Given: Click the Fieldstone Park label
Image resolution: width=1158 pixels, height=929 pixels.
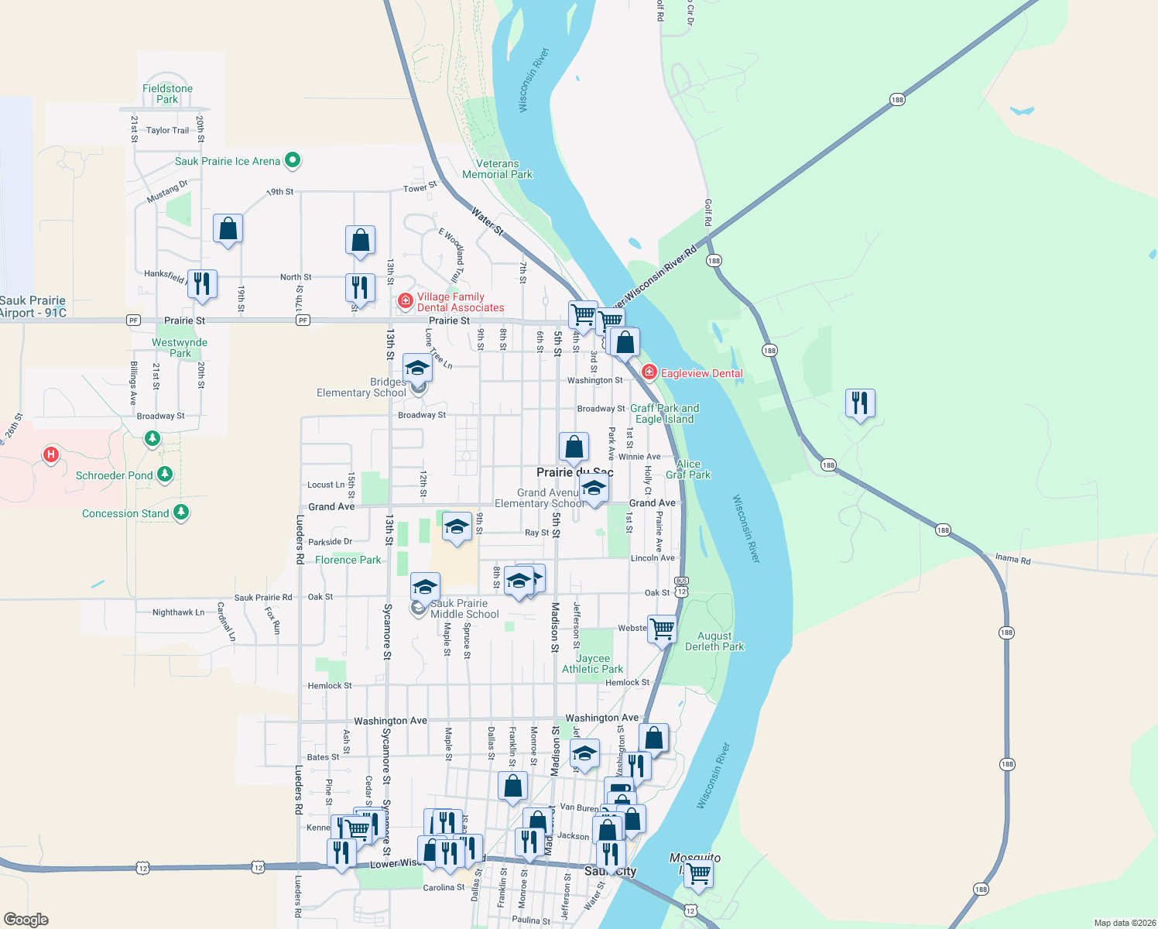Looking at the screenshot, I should (x=167, y=94).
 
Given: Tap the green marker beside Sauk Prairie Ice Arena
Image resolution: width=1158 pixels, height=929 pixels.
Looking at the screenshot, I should (x=293, y=161).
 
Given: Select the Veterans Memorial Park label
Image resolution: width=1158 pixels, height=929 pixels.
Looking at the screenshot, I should (x=497, y=169).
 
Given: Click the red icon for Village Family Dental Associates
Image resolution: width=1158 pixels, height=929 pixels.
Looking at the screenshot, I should (x=405, y=300).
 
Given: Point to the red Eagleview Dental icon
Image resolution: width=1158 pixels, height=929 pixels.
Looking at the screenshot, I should (x=649, y=372).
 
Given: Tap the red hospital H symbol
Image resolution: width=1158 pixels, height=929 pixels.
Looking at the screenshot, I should (x=51, y=454).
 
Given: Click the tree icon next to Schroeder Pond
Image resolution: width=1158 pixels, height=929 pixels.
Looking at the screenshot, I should (x=165, y=474).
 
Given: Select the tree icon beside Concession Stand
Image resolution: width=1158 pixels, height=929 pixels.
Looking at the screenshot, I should (x=181, y=512).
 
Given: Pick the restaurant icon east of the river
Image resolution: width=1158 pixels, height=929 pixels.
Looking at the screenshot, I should (x=860, y=403).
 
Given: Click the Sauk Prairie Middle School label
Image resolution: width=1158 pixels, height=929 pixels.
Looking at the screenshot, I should (x=464, y=608).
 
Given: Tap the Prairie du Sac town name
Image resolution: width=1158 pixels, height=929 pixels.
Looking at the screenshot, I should (x=574, y=472).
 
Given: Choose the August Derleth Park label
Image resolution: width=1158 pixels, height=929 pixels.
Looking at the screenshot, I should (x=714, y=641).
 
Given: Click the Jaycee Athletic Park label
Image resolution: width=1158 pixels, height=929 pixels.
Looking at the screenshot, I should (x=593, y=663).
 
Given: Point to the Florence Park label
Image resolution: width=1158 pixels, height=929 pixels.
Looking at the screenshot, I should (x=348, y=560).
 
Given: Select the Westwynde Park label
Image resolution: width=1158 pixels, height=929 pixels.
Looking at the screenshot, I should (x=180, y=348).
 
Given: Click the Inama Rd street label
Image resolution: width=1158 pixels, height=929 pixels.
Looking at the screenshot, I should (x=1012, y=559).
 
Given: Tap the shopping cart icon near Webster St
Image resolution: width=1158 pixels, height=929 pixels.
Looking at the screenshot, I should (x=662, y=629).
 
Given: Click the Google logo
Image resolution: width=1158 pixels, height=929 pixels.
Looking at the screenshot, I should (x=26, y=920).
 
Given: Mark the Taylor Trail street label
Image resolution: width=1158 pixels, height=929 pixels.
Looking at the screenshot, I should (x=167, y=130).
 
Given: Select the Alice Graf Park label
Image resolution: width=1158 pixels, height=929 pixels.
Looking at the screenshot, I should (x=688, y=469).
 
